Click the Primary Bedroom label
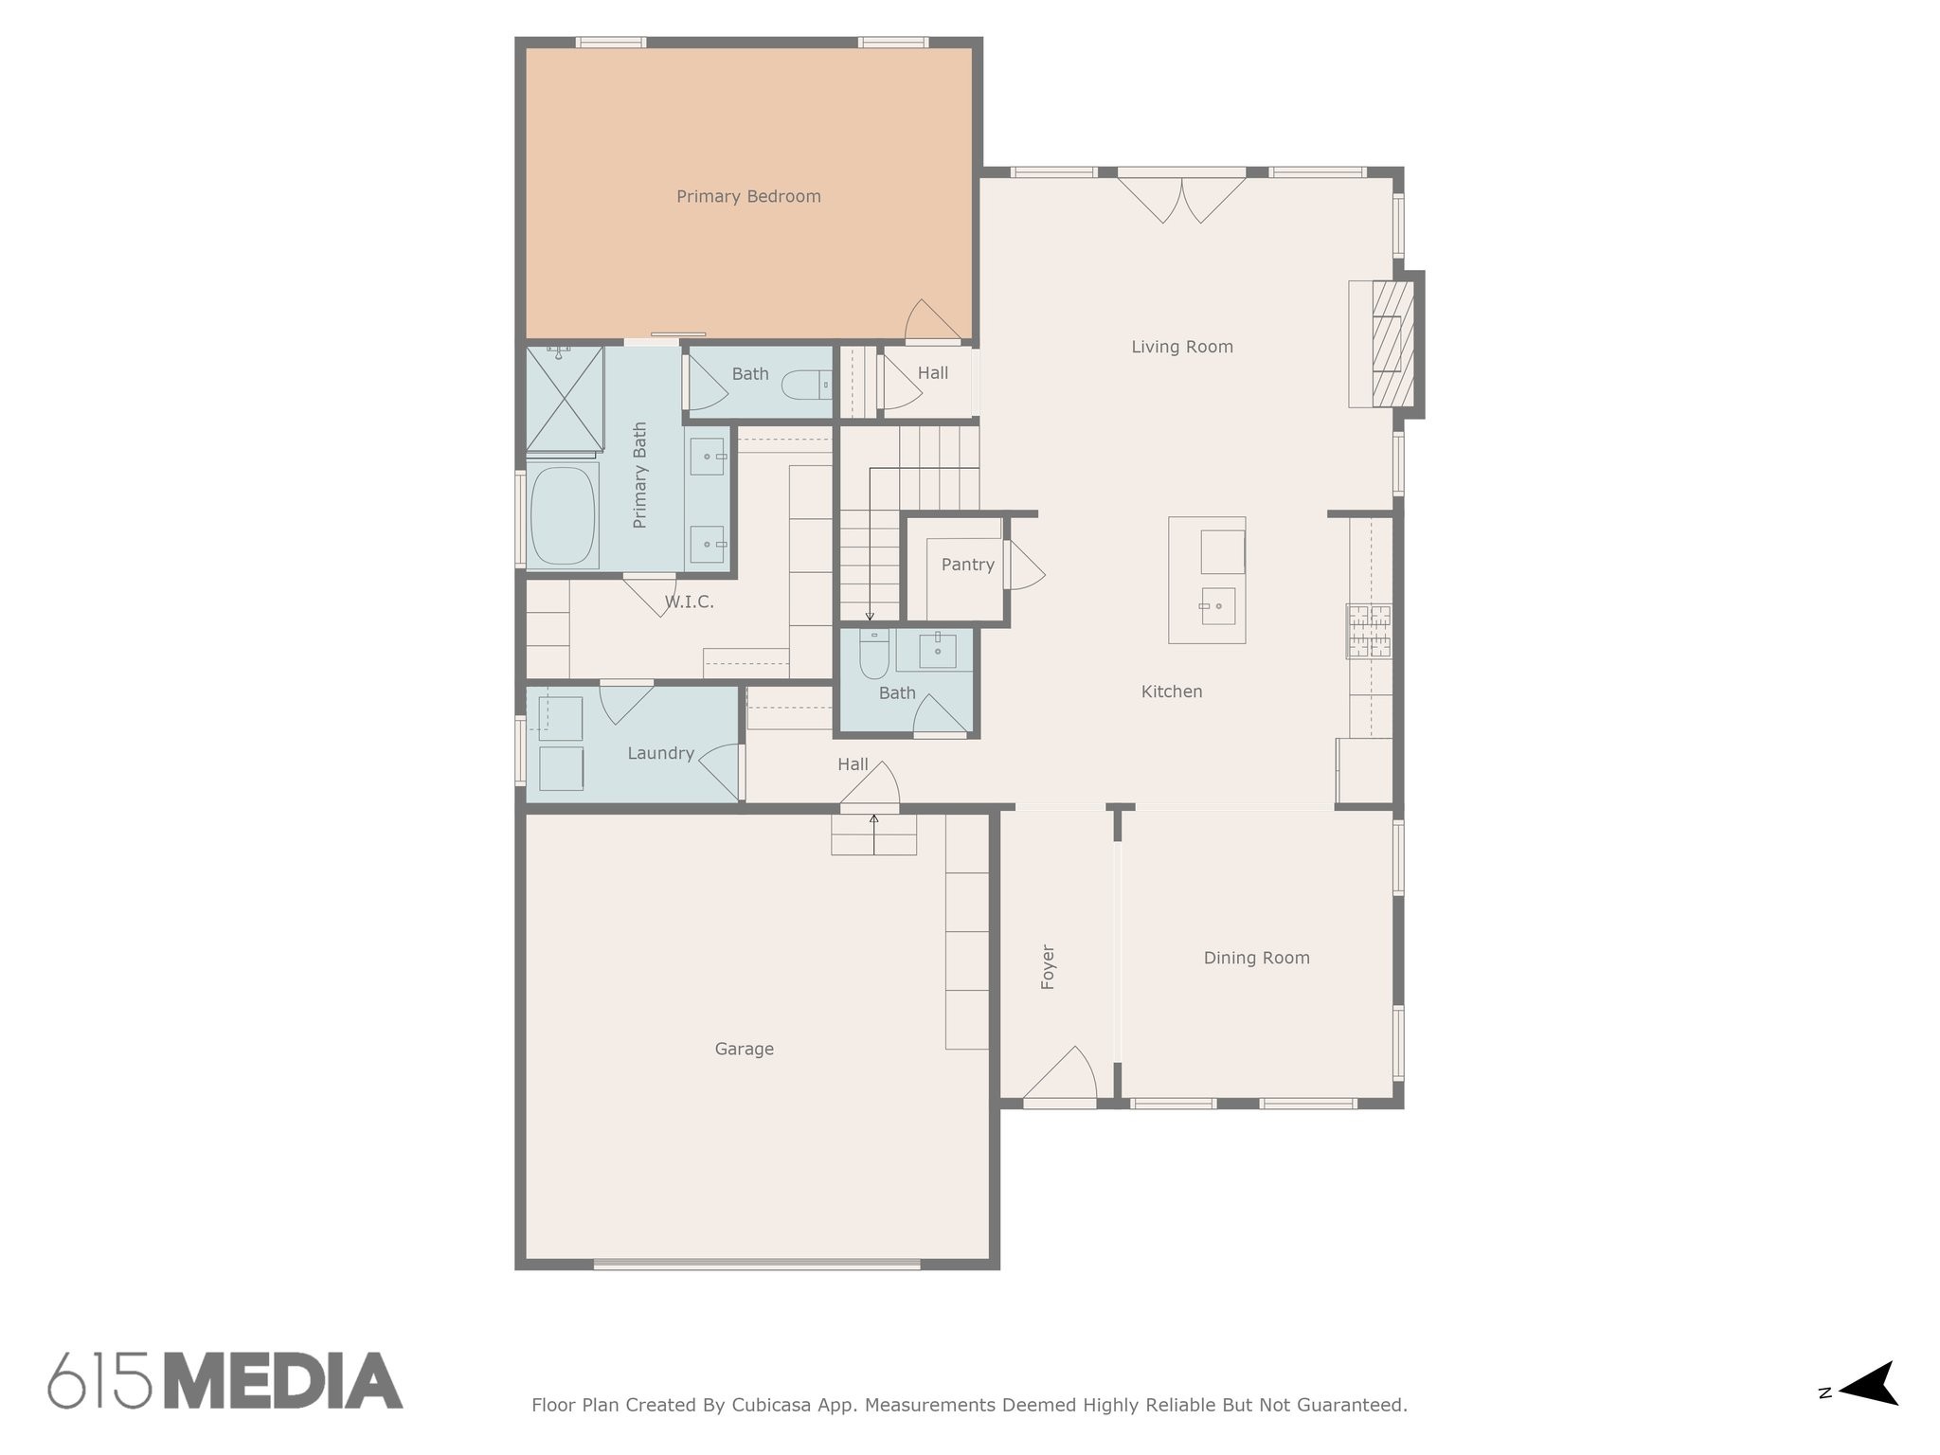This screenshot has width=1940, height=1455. [x=748, y=197]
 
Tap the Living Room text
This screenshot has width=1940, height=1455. [x=1182, y=348]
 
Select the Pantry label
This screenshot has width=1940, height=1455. [x=967, y=565]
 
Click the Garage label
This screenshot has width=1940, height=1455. [x=744, y=1050]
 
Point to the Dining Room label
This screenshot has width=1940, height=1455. [x=1256, y=959]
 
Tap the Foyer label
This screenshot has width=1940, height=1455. [x=1048, y=967]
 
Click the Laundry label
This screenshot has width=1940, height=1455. [x=660, y=754]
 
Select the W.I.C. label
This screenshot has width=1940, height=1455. [x=689, y=602]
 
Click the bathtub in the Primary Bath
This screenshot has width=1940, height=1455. [x=563, y=515]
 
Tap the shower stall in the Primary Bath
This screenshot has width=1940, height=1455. [x=565, y=399]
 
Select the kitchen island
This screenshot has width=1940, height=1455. [x=1206, y=580]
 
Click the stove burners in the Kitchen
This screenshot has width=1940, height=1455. [x=1369, y=631]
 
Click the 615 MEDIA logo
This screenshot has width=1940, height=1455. [x=225, y=1380]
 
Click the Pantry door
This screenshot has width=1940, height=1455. [x=1025, y=566]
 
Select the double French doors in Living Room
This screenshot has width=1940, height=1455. [x=1181, y=196]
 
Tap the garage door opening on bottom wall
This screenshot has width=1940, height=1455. [x=757, y=1264]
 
